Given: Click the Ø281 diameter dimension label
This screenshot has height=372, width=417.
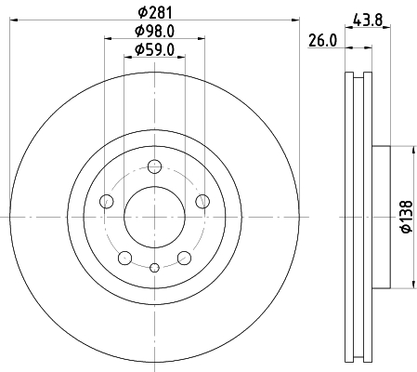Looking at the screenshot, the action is click(x=155, y=13).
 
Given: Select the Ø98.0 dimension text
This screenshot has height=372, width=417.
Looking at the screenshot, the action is click(x=155, y=31).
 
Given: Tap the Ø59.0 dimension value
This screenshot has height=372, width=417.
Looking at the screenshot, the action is click(x=155, y=50).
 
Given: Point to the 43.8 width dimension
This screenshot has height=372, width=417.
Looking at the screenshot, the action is click(x=368, y=20).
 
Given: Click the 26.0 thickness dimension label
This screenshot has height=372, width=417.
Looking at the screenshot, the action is click(x=322, y=41).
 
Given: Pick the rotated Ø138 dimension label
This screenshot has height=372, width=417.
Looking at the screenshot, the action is click(x=407, y=217).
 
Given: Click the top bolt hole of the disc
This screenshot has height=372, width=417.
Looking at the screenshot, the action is click(x=154, y=166).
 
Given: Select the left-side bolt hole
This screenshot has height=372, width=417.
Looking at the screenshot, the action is click(x=107, y=202).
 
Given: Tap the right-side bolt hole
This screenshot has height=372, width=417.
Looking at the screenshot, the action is click(x=202, y=202).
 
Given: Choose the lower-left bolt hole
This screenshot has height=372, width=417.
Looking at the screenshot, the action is click(x=125, y=258).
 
